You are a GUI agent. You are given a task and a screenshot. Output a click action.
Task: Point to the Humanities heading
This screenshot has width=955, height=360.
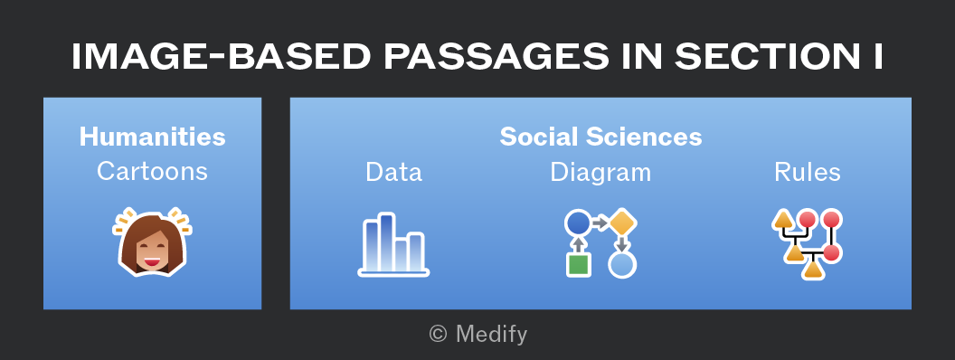click(x=152, y=137)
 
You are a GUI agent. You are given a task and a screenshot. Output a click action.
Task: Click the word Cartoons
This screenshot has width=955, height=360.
click(x=152, y=171)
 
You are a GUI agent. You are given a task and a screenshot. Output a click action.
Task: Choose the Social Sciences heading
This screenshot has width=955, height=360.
click(x=600, y=137)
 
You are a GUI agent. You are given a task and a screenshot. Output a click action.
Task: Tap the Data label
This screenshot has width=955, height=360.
click(x=393, y=172)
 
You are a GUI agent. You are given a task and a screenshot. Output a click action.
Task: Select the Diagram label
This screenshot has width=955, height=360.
click(x=600, y=173)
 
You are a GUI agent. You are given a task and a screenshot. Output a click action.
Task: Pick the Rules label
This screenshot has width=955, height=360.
click(x=807, y=172)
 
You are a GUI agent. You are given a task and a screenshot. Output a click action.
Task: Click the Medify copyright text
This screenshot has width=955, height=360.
click(x=478, y=334)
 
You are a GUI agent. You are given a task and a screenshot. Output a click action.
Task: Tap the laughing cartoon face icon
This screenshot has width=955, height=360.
click(x=152, y=242)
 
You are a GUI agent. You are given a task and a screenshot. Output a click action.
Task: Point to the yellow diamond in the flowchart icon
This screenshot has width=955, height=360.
click(x=622, y=223)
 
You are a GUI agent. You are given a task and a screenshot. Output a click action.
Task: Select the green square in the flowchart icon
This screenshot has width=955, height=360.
click(x=579, y=264)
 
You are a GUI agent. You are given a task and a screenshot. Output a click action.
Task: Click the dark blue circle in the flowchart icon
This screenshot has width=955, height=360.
click(x=579, y=223)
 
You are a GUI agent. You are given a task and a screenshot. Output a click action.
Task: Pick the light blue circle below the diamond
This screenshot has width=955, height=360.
click(x=622, y=264)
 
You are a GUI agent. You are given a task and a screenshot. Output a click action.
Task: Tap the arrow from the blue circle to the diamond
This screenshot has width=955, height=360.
click(x=600, y=223)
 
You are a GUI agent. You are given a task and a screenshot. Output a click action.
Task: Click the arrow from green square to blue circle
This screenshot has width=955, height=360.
click(x=579, y=244)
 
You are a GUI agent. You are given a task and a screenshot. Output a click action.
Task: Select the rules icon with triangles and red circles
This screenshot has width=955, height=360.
click(x=807, y=243)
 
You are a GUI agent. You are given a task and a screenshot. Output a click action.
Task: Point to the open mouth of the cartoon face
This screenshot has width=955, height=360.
click(x=152, y=262)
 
